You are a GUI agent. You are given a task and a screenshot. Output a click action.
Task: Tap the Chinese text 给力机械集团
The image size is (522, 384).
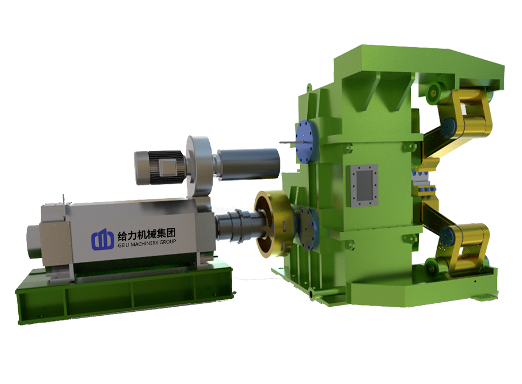tap(147, 234)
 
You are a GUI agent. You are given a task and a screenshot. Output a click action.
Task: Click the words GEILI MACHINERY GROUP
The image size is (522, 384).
tap(147, 244)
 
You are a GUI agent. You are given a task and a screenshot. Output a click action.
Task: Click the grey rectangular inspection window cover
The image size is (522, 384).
tap(363, 186)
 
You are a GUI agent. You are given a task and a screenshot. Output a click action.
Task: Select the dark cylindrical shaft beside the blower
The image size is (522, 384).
tap(248, 165)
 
